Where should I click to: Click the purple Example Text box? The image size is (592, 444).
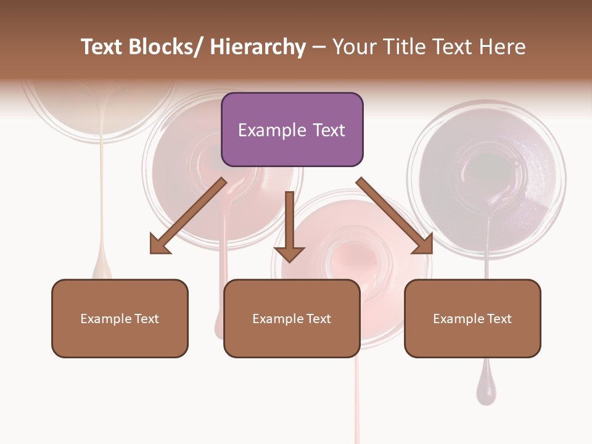click(292, 129)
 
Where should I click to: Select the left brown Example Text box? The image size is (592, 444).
click(120, 318)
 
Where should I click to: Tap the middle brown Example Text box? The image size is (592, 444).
click(292, 318)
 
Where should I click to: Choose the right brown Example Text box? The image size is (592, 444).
click(472, 318)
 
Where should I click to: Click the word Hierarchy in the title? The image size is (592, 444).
click(258, 47)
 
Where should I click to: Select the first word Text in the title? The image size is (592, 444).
click(102, 47)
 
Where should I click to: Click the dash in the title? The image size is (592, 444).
click(319, 47)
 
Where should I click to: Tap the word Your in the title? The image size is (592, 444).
click(354, 47)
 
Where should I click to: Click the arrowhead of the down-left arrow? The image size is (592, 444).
click(160, 245)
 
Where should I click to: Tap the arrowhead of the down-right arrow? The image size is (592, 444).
click(423, 245)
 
